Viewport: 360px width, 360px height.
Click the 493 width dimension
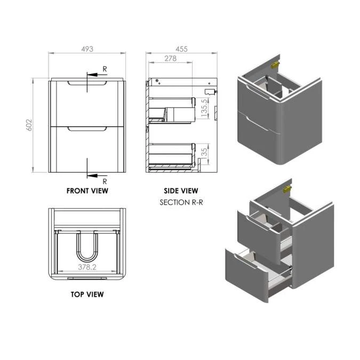87,49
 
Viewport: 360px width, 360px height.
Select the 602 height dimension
30,125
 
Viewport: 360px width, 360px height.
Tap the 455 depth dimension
182,49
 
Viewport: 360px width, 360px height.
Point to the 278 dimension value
170,58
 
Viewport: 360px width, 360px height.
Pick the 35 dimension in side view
204,153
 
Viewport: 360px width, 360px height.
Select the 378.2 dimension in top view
87,267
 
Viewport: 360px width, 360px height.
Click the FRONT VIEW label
87,190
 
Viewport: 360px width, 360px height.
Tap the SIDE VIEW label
181,190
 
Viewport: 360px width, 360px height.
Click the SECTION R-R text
181,203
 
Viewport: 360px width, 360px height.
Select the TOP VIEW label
87,294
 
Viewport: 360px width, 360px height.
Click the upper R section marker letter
105,69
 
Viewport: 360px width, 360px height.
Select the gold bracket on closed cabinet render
276,65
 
